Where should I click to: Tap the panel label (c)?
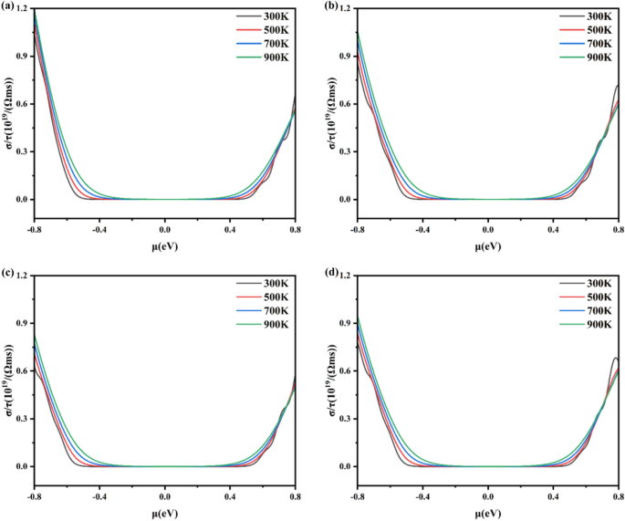9,272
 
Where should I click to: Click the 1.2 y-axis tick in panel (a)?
23,9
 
